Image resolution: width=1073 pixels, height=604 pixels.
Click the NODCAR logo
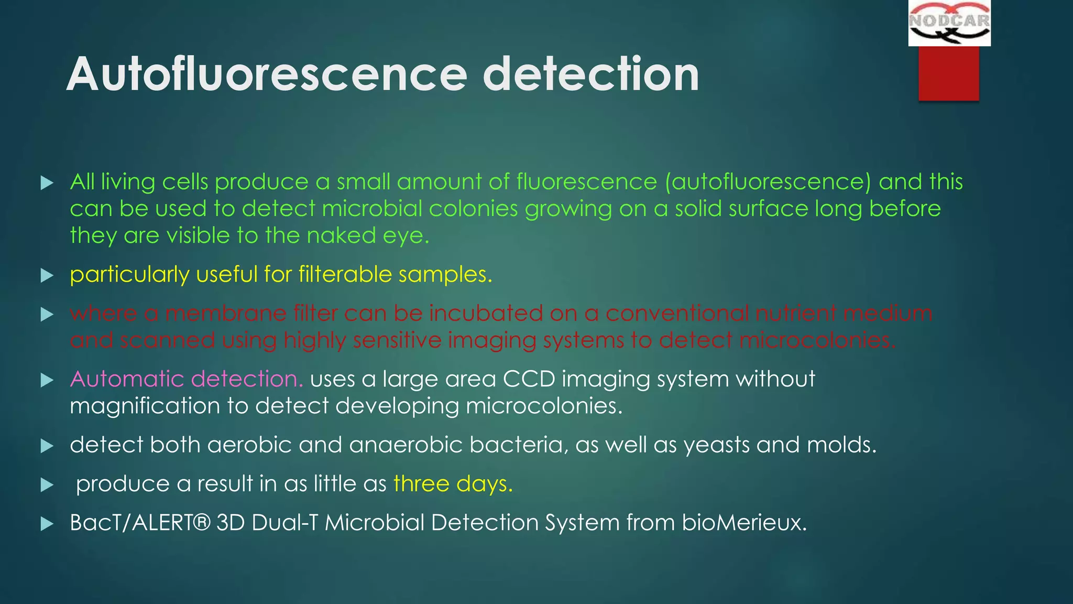coord(949,23)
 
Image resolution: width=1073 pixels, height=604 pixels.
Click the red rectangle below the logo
coord(948,73)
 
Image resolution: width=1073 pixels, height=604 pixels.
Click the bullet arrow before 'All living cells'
coord(47,183)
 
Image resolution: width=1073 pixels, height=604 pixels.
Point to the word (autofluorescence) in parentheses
coord(768,182)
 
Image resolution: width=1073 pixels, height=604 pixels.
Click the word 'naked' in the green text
coord(341,235)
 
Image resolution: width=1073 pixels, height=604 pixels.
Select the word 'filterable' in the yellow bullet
coord(345,274)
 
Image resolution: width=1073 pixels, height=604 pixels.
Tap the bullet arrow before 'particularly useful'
coord(47,275)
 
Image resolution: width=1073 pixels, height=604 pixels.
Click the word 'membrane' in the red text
coord(226,314)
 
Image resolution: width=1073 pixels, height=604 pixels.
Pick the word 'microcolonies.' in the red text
coord(817,340)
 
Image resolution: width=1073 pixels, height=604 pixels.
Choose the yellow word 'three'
coord(421,483)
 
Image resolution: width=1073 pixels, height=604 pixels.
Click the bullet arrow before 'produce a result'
coord(47,485)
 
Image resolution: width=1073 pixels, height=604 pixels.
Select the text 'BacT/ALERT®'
coord(140,523)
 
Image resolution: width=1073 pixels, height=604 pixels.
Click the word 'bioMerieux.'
coord(744,523)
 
